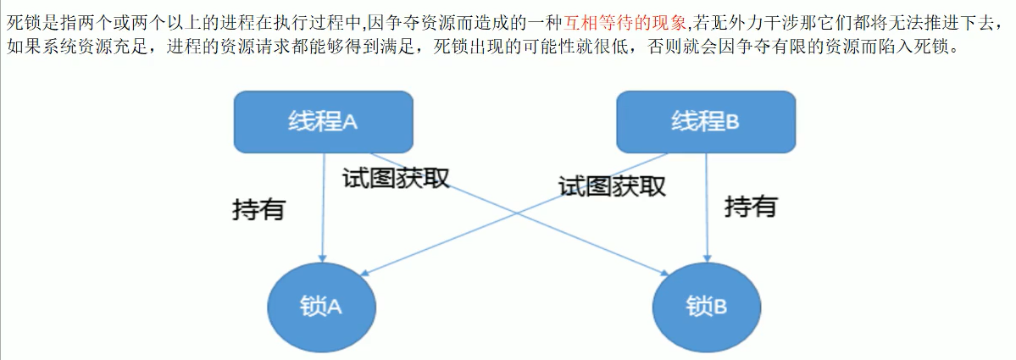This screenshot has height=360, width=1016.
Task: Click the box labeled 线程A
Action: [x=323, y=121]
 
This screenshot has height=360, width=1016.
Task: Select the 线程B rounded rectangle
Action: [x=705, y=121]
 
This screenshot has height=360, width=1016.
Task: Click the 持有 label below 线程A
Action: [x=258, y=208]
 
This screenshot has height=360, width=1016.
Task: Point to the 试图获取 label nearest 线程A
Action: [x=395, y=178]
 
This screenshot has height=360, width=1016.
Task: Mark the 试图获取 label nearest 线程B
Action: [x=612, y=185]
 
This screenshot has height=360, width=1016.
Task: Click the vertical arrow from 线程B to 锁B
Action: [x=706, y=212]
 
